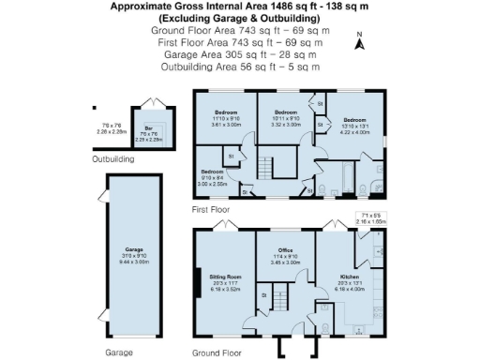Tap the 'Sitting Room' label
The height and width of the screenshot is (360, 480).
tap(229, 277)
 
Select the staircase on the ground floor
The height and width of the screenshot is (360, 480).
tap(277, 301)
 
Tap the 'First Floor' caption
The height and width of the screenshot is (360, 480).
tap(210, 210)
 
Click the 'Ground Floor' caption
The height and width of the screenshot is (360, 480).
tap(218, 353)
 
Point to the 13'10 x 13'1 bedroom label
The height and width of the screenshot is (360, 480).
tap(353, 121)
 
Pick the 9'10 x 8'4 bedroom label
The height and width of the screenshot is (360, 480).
tap(213, 172)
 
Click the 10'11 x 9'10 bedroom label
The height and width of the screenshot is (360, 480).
tap(285, 112)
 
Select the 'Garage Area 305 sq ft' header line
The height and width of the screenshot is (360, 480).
tap(240, 54)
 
